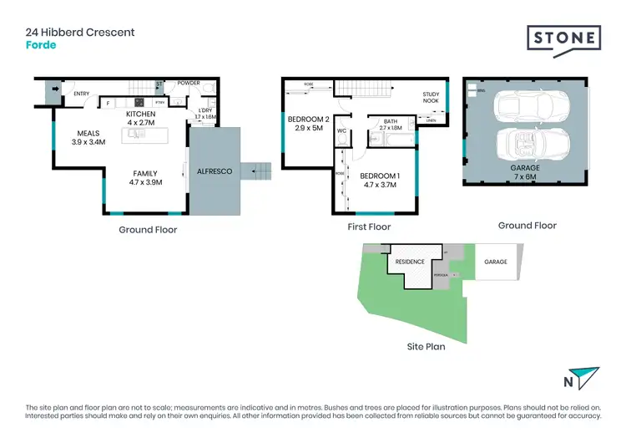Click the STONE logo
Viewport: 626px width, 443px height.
(x=563, y=39)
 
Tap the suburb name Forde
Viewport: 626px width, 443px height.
(x=41, y=45)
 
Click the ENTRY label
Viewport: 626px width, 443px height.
(x=81, y=94)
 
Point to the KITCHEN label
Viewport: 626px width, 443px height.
(x=140, y=114)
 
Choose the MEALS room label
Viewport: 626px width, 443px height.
(x=88, y=134)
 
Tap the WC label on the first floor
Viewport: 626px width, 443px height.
(x=342, y=131)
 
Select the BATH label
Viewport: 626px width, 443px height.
(x=391, y=121)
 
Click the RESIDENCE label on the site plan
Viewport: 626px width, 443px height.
(x=410, y=262)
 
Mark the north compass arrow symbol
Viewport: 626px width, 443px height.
(x=587, y=378)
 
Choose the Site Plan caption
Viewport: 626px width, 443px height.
(x=426, y=345)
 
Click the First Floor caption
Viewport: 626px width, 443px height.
(x=369, y=227)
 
